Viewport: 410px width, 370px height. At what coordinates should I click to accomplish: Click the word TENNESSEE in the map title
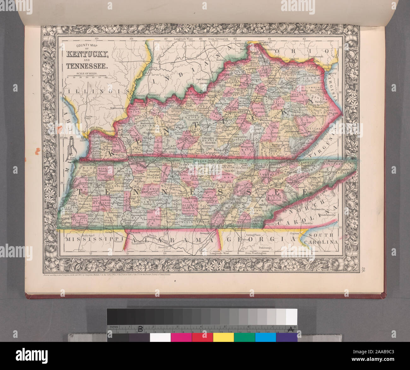87,66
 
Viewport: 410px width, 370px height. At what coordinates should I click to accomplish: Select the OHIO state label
303,51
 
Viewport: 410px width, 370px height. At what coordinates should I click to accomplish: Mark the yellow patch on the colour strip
223,337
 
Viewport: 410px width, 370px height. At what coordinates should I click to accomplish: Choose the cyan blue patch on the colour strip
265,337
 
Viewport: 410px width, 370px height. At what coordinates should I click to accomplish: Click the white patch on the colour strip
160,337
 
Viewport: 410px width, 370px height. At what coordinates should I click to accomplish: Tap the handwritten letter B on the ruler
141,329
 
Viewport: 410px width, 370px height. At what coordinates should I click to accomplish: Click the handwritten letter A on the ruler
291,329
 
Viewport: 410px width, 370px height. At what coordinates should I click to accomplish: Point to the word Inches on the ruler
114,327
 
